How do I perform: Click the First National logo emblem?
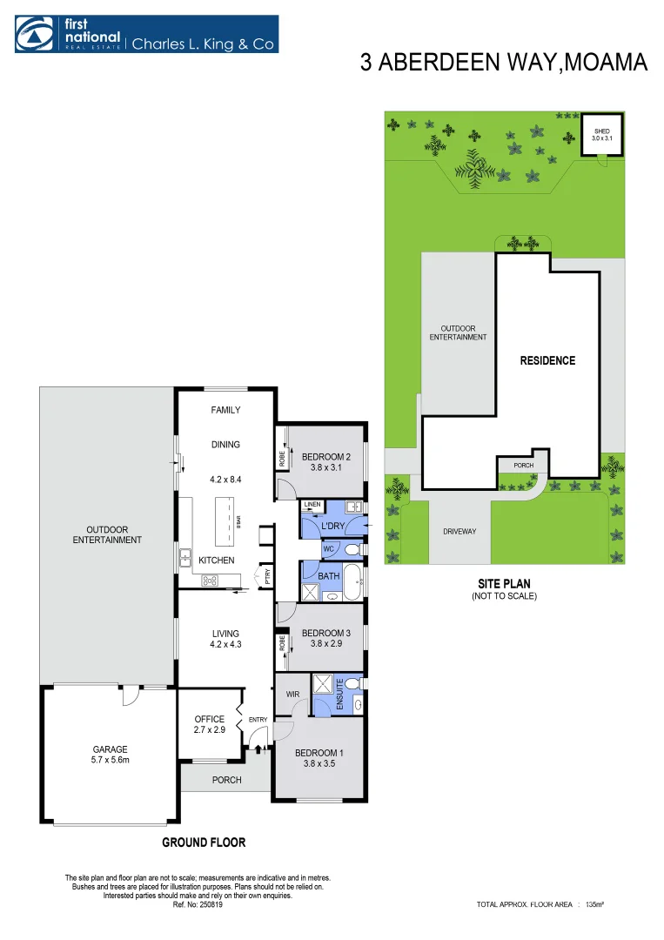(x=32, y=34)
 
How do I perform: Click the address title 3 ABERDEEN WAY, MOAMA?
(x=504, y=64)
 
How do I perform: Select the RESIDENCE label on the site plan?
(x=547, y=360)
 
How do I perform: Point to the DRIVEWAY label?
(x=459, y=532)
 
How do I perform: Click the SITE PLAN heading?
(x=504, y=584)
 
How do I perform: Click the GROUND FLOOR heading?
(x=204, y=842)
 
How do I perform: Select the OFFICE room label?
(x=209, y=719)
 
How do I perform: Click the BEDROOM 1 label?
(x=319, y=753)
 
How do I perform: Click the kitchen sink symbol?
(x=185, y=556)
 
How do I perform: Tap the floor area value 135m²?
(x=595, y=905)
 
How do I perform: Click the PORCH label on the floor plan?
(x=226, y=780)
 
